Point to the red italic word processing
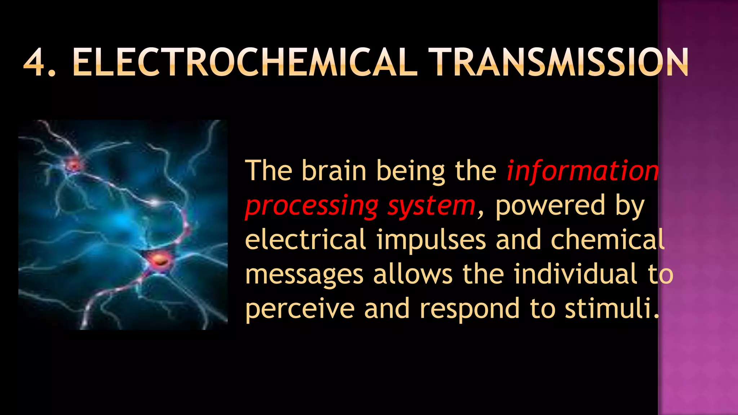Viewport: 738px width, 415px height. (x=312, y=206)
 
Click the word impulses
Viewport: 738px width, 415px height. (x=431, y=240)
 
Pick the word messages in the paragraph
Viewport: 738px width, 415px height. (x=304, y=275)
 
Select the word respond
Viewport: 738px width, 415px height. (x=470, y=309)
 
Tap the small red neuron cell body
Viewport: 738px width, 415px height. (x=74, y=165)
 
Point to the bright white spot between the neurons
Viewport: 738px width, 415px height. (x=155, y=202)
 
